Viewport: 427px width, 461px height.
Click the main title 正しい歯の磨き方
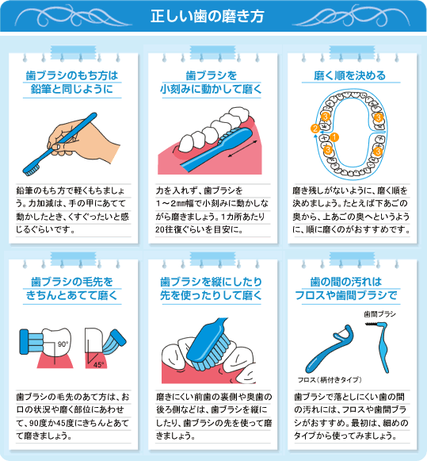pos(213,15)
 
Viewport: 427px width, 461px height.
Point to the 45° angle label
pos(99,366)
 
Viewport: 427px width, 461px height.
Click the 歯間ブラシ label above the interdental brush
pos(379,314)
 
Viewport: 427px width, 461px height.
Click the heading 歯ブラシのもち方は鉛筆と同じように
pos(71,82)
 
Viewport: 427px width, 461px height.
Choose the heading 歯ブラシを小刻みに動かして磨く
pos(213,82)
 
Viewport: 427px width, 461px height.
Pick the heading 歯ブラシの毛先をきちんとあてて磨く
pos(71,288)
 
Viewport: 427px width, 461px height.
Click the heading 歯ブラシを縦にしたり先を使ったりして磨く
pos(213,288)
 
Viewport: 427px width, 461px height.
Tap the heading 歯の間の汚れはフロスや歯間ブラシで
pos(356,288)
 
